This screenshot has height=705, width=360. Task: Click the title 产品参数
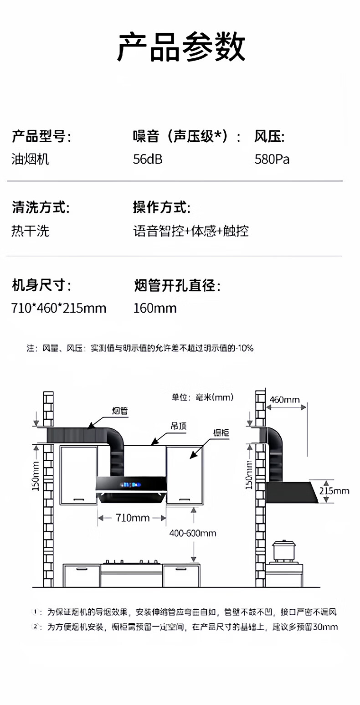point(181,47)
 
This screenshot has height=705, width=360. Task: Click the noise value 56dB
point(148,160)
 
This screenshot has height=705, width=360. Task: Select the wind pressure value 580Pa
point(272,160)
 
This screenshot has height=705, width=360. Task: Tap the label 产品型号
point(41,136)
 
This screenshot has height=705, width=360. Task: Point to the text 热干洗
point(30,231)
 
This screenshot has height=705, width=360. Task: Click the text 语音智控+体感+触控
point(190,231)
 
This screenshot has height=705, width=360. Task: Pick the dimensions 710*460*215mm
point(59,309)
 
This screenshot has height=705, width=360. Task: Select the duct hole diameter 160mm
point(155,309)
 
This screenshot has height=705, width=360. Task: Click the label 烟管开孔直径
point(177,287)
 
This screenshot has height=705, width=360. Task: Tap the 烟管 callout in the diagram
point(120,411)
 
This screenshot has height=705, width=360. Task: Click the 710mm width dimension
point(132,518)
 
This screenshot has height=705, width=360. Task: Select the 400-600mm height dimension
point(193,533)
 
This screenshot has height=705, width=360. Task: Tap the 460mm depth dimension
point(285,400)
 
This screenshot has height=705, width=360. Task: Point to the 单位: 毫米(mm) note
point(202,397)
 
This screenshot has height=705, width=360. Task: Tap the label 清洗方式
point(41,208)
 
